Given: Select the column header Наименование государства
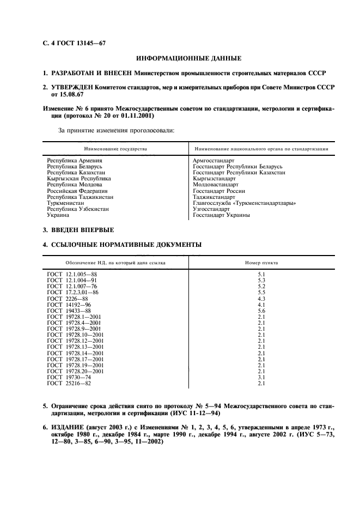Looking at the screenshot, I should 115,148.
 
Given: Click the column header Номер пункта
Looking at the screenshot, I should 261,263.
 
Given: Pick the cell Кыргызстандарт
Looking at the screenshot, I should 214,178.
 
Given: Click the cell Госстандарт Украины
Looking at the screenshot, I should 221,215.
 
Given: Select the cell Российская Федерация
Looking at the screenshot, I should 77,191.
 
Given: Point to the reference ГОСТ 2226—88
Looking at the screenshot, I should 68,299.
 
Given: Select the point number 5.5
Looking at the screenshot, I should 261,293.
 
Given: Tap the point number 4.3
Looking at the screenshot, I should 261,299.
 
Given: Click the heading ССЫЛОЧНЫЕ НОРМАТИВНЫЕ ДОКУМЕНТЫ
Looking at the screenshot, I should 126,245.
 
